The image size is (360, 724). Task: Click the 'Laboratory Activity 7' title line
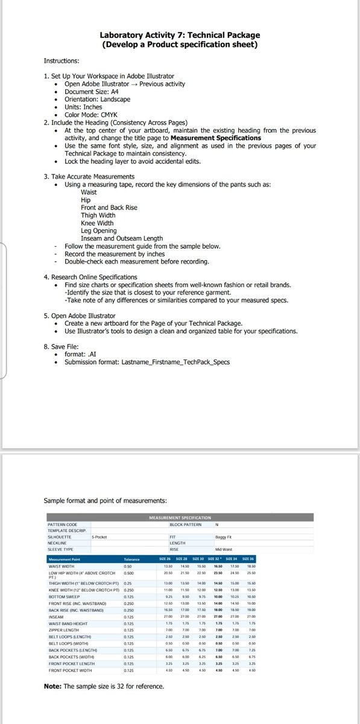(x=180, y=36)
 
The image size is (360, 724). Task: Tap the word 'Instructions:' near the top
(x=62, y=61)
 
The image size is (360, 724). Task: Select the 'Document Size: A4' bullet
(x=92, y=92)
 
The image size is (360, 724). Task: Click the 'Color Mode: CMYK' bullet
(x=90, y=115)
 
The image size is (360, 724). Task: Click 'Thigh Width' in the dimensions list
(x=98, y=215)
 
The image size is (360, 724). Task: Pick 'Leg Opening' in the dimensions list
(x=98, y=230)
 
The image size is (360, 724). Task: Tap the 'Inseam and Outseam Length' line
(x=121, y=238)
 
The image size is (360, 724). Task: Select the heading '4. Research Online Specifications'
(x=90, y=277)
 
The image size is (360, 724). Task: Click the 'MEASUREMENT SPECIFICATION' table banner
(x=180, y=518)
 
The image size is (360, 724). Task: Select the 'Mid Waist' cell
(x=224, y=550)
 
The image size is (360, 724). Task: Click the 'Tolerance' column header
(x=131, y=559)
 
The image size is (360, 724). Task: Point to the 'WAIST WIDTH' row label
(x=62, y=567)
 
